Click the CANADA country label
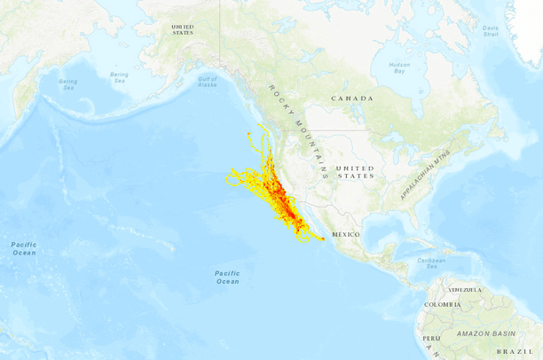[352, 98]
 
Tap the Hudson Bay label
[399, 67]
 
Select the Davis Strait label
[491, 31]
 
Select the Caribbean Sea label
[430, 262]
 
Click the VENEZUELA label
[465, 290]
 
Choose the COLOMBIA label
[442, 305]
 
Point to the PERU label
[431, 339]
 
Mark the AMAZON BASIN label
[484, 333]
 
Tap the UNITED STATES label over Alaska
[182, 29]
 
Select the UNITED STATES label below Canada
[355, 172]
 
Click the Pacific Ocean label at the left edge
[23, 248]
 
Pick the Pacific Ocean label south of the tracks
[227, 277]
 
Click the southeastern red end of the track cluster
[322, 239]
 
